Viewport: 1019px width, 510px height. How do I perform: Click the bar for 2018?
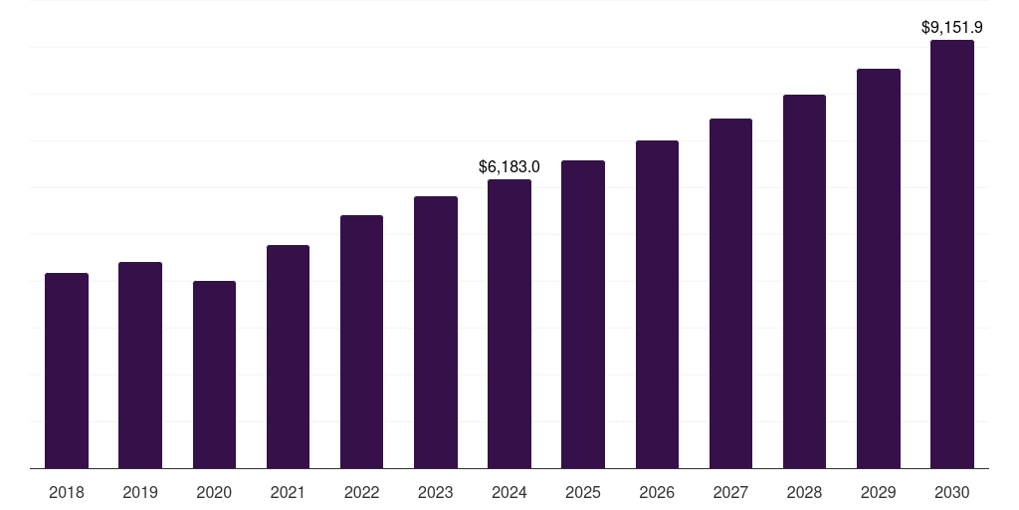click(x=67, y=371)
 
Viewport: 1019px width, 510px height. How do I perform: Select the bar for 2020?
click(x=214, y=375)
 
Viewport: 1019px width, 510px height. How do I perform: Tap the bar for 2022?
click(x=361, y=342)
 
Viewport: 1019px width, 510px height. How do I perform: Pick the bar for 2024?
click(x=509, y=324)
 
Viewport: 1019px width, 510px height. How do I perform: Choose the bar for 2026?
click(x=657, y=304)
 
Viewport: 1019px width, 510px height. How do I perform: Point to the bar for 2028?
click(x=804, y=281)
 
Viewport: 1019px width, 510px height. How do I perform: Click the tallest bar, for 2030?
click(x=952, y=254)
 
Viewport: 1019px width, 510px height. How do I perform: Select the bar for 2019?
click(x=140, y=365)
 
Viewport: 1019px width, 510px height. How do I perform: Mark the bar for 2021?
click(x=288, y=357)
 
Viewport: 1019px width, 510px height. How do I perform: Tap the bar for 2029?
click(x=879, y=268)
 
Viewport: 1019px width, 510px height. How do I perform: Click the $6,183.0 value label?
click(x=509, y=166)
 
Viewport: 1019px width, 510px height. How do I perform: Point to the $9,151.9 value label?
click(x=952, y=28)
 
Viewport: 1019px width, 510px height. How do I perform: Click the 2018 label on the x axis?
click(x=67, y=492)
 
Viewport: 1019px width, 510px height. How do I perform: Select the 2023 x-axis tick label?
click(x=436, y=492)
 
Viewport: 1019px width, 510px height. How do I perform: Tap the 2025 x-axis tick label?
click(x=583, y=492)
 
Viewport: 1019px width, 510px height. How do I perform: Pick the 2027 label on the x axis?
click(x=730, y=492)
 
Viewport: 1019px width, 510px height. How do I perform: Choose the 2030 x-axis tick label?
click(x=952, y=492)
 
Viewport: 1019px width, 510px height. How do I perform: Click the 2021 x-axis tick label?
click(x=288, y=492)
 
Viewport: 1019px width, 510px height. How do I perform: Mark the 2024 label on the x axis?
click(x=509, y=492)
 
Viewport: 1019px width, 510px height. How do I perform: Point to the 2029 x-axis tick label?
click(x=879, y=492)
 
